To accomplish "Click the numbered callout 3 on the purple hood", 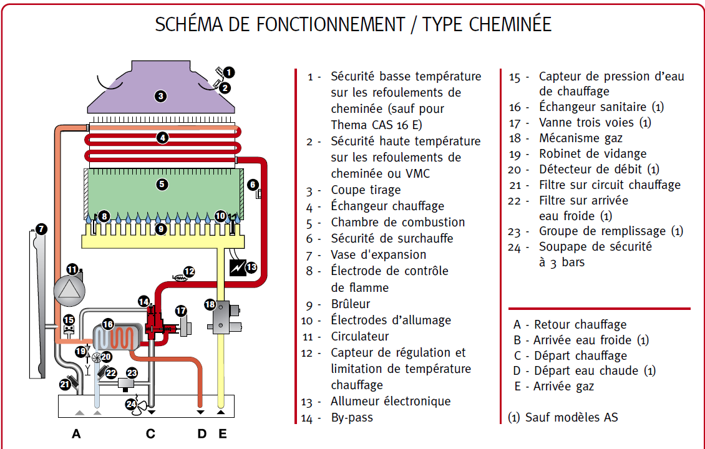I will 161,96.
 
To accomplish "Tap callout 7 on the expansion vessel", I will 41,229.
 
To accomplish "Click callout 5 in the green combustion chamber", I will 162,184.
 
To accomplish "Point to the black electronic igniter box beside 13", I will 237,268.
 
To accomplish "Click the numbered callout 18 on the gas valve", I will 210,304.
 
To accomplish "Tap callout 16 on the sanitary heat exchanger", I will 108,324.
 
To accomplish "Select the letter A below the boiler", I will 76,433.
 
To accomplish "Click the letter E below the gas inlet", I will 222,433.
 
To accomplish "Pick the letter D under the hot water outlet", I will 202,433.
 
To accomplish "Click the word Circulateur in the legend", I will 359,336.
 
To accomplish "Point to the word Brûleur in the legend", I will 350,304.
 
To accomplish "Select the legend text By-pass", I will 351,417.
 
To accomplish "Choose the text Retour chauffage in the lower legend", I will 580,324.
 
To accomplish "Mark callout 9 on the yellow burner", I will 160,229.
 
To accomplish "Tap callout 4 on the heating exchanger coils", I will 162,138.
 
